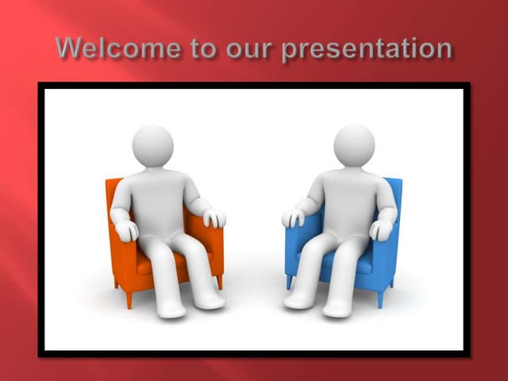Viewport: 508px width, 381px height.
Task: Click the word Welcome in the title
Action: (x=118, y=48)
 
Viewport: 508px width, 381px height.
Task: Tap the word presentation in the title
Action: (x=367, y=50)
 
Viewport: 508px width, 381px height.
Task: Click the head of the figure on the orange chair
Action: (x=152, y=145)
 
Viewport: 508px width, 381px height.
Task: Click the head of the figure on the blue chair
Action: (x=354, y=145)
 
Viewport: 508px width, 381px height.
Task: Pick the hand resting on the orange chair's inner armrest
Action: (x=214, y=217)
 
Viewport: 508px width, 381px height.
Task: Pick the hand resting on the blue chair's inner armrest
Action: (x=294, y=217)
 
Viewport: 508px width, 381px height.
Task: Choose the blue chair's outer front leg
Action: (x=380, y=298)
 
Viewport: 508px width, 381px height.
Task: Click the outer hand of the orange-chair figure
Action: (x=126, y=230)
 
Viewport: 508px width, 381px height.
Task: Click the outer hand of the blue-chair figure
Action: (x=382, y=229)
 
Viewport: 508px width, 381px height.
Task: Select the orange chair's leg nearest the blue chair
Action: (x=220, y=282)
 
